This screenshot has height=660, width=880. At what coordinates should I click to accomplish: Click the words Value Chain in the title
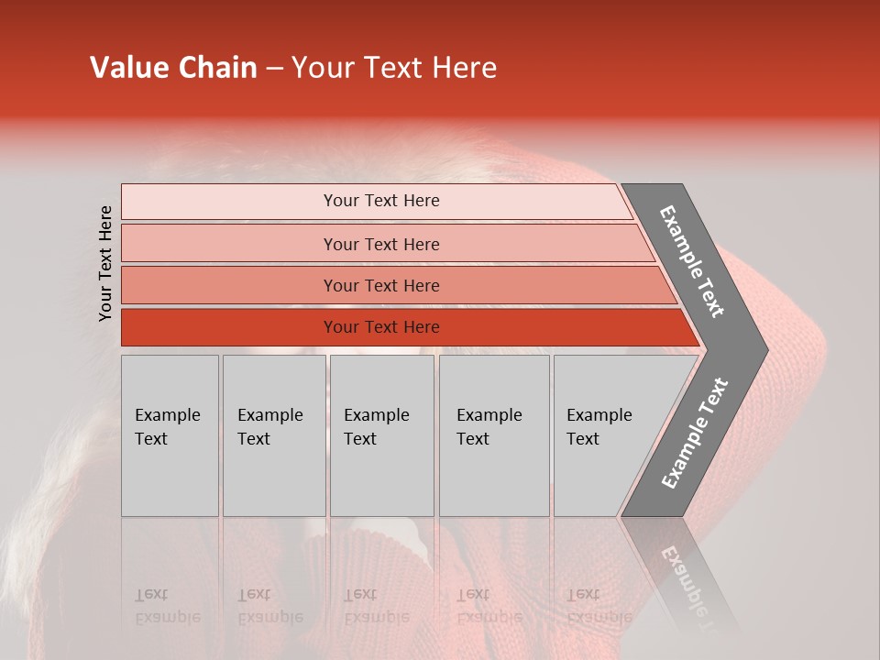pyautogui.click(x=173, y=68)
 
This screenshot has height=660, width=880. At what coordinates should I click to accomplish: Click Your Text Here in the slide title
pyautogui.click(x=394, y=68)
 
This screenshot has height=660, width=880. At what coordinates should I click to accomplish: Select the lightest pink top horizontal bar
pyautogui.click(x=229, y=202)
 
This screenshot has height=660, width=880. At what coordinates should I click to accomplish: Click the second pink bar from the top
pyautogui.click(x=229, y=244)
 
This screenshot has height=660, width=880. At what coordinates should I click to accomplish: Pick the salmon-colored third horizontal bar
pyautogui.click(x=229, y=285)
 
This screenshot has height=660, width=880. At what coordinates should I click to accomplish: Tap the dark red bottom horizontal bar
pyautogui.click(x=229, y=327)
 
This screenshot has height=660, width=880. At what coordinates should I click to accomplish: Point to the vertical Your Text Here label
pyautogui.click(x=105, y=263)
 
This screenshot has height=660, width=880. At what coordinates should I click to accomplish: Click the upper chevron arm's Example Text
pyautogui.click(x=692, y=261)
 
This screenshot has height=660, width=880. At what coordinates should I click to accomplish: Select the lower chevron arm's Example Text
pyautogui.click(x=694, y=434)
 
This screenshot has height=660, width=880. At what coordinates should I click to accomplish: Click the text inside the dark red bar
pyautogui.click(x=381, y=327)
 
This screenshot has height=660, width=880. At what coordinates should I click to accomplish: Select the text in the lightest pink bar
pyautogui.click(x=381, y=201)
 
